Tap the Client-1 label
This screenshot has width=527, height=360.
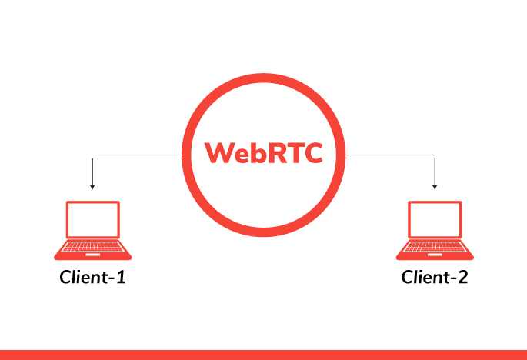pos(92,277)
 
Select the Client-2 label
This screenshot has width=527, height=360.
pos(435,277)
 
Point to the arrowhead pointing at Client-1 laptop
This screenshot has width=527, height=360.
pos(92,186)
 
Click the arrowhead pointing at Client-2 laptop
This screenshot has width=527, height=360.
pos(435,186)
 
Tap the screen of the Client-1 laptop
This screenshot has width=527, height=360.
pos(92,221)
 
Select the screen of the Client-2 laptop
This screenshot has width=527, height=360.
pos(435,221)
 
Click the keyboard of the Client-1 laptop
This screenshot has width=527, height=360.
pos(92,248)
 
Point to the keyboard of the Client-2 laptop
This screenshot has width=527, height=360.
pos(435,248)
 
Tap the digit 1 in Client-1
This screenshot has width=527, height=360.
pos(120,277)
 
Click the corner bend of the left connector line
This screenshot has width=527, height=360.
pos(92,158)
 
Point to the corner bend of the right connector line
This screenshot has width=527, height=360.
pos(435,158)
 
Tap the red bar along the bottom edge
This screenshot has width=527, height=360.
pos(263,355)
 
